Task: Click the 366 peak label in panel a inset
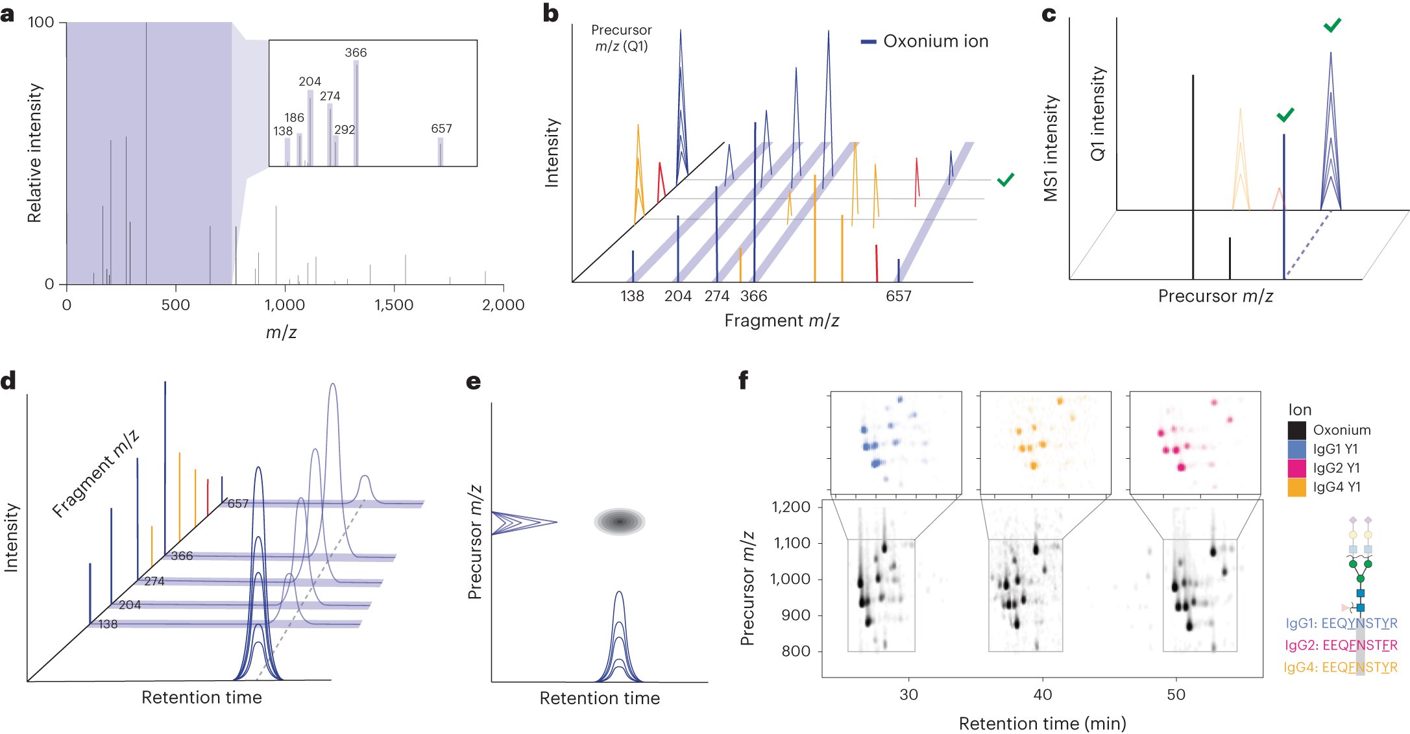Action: [x=356, y=53]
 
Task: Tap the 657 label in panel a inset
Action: [x=441, y=128]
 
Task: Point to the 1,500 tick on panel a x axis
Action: [x=394, y=305]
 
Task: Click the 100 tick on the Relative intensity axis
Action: [x=41, y=23]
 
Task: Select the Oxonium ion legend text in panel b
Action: [x=936, y=42]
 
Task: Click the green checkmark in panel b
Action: [x=1005, y=180]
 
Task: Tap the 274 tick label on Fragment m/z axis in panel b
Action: [x=717, y=297]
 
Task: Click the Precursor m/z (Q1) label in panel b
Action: [x=621, y=38]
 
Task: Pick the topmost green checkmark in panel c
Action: [x=1332, y=25]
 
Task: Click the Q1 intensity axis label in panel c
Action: [x=1097, y=114]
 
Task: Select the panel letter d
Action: [x=8, y=381]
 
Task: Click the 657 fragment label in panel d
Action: [x=238, y=504]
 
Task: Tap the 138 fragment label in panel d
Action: [x=108, y=624]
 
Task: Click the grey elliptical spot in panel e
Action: [x=620, y=521]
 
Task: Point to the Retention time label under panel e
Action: [x=600, y=698]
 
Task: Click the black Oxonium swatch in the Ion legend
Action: [x=1296, y=430]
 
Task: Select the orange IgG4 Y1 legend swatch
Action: [x=1296, y=487]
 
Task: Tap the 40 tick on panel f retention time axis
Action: [x=1042, y=695]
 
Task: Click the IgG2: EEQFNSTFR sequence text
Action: [x=1341, y=645]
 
